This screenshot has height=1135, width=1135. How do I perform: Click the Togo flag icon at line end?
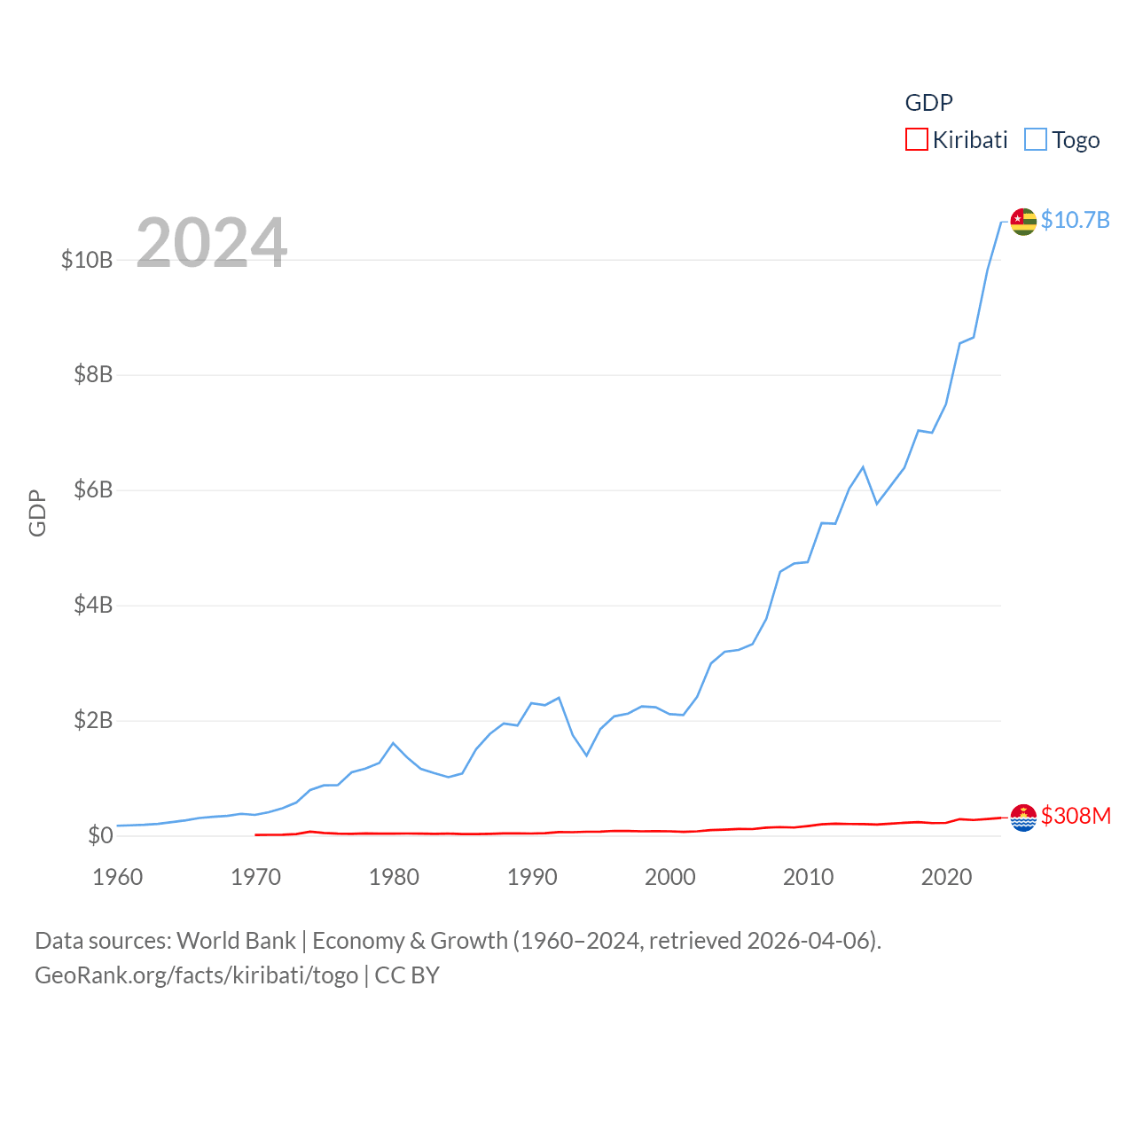[x=1023, y=222]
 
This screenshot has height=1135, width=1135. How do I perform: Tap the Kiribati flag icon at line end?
[x=1023, y=818]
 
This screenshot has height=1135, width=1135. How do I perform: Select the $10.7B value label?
[x=1075, y=220]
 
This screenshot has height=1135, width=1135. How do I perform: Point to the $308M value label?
[x=1076, y=816]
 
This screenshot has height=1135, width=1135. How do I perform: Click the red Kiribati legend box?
[x=916, y=140]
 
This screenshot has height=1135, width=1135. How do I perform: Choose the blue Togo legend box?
[x=1035, y=140]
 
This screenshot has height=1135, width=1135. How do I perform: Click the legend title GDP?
[x=928, y=103]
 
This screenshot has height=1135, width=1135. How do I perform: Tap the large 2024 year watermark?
[x=211, y=242]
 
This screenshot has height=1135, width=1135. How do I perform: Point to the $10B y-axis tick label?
[x=87, y=260]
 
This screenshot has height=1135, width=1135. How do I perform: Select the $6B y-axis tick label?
[x=93, y=489]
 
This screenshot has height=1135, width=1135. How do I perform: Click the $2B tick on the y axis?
[x=93, y=720]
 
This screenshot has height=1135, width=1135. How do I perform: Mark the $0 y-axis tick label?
[x=100, y=835]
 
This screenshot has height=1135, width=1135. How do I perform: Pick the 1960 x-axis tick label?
[x=118, y=877]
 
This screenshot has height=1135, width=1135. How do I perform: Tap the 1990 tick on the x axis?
[x=532, y=877]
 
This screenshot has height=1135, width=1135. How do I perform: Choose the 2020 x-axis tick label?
[x=946, y=877]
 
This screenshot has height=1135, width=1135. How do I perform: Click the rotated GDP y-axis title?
[x=37, y=513]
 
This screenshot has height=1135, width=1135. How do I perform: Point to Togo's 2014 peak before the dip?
[x=863, y=467]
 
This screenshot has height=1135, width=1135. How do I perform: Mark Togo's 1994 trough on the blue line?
[x=586, y=755]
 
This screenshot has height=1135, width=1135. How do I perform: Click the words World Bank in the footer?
[x=236, y=941]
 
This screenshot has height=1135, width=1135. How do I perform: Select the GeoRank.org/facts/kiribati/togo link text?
[x=196, y=975]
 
